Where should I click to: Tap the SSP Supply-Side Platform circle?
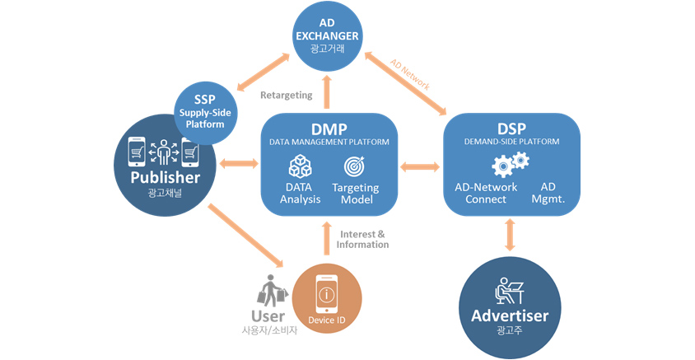(x=205, y=113)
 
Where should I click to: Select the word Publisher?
(x=166, y=178)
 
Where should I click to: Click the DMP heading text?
(x=329, y=129)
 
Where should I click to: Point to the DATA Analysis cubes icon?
(x=300, y=166)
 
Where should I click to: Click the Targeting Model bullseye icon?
(x=355, y=166)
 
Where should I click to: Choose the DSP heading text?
(x=511, y=129)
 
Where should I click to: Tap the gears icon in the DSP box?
(x=511, y=165)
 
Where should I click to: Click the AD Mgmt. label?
(x=548, y=193)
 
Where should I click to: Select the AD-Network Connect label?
(x=486, y=193)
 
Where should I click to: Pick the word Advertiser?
(x=510, y=316)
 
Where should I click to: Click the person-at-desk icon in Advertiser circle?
(x=510, y=291)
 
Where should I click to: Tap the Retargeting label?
(x=287, y=96)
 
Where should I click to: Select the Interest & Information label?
(x=362, y=240)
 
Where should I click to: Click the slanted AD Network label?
(x=410, y=75)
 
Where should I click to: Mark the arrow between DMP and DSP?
(x=420, y=167)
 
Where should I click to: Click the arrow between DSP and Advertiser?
(x=511, y=235)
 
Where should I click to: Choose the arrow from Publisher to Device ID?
(x=245, y=236)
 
